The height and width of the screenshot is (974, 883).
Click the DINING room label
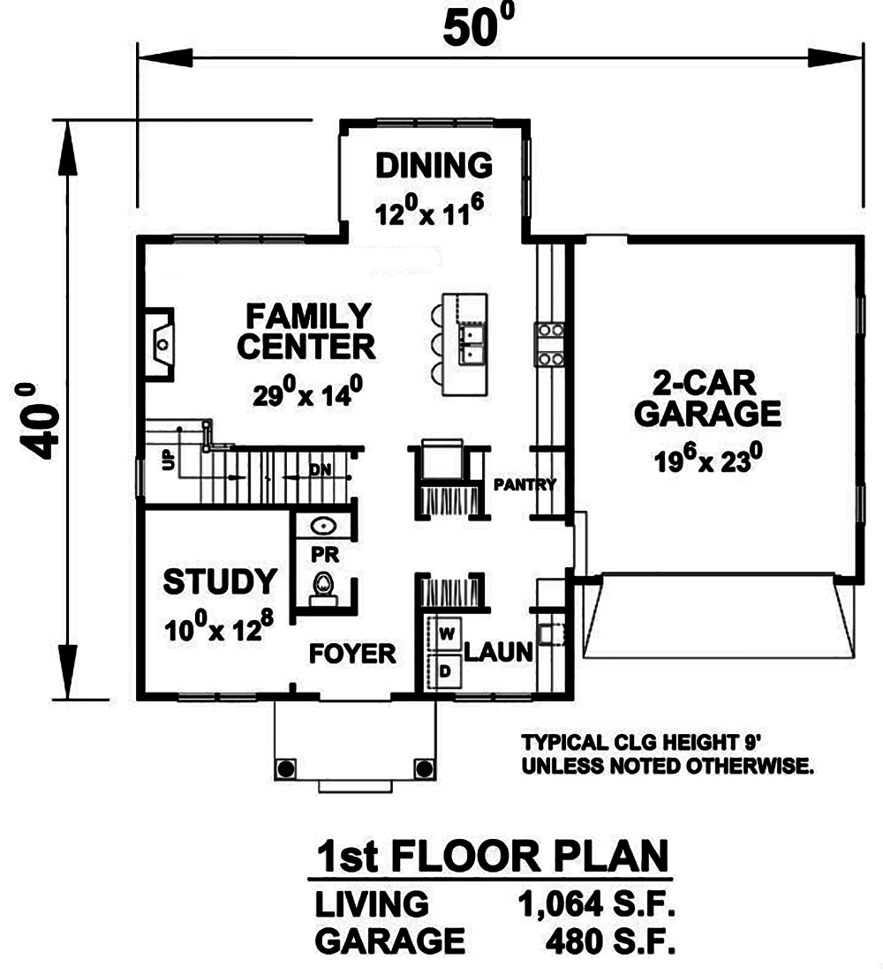(x=433, y=165)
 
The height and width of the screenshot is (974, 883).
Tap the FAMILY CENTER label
(x=306, y=331)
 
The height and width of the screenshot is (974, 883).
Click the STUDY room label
(x=220, y=582)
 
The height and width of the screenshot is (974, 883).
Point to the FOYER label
(x=351, y=654)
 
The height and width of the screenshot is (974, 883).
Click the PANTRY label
(x=525, y=483)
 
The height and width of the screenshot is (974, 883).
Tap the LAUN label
(x=497, y=652)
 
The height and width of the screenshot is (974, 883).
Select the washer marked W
(x=446, y=633)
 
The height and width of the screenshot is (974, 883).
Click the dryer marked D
(x=446, y=671)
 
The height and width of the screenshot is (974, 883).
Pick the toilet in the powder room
(x=325, y=586)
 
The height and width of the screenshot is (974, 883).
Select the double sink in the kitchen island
(x=473, y=344)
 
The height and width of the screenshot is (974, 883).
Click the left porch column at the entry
(x=286, y=767)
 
